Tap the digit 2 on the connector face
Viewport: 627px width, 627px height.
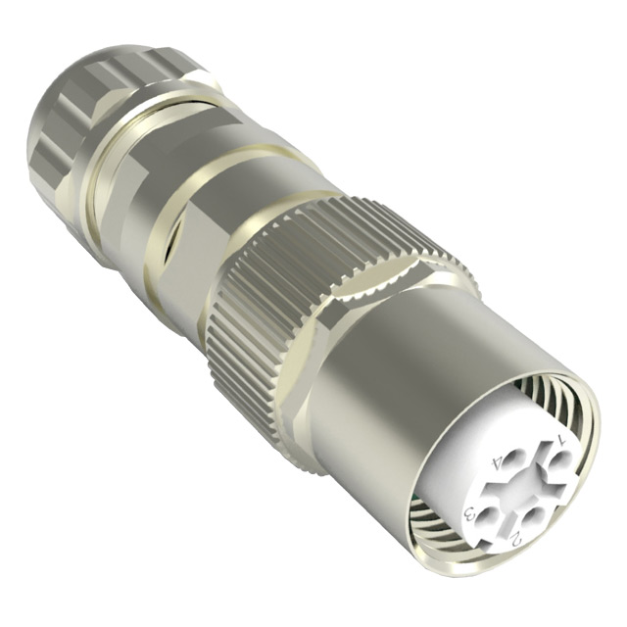[516, 536]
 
